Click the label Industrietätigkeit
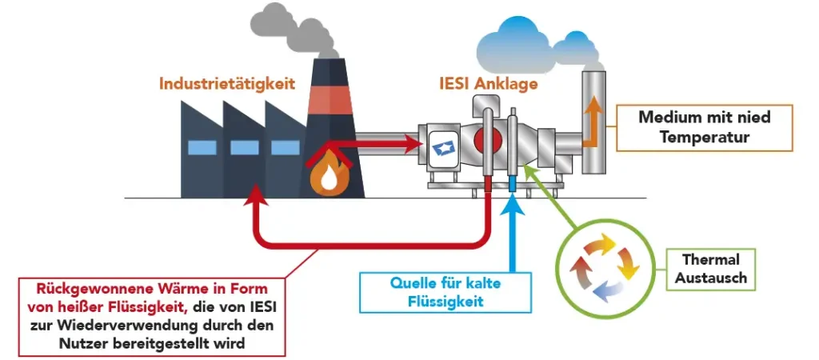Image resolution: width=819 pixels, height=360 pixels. pos(227,83)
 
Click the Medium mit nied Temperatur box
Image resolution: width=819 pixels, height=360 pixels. pos(704,127)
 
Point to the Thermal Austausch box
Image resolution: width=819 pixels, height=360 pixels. pos(711,269)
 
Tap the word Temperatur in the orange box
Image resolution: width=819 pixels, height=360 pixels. pos(704,137)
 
